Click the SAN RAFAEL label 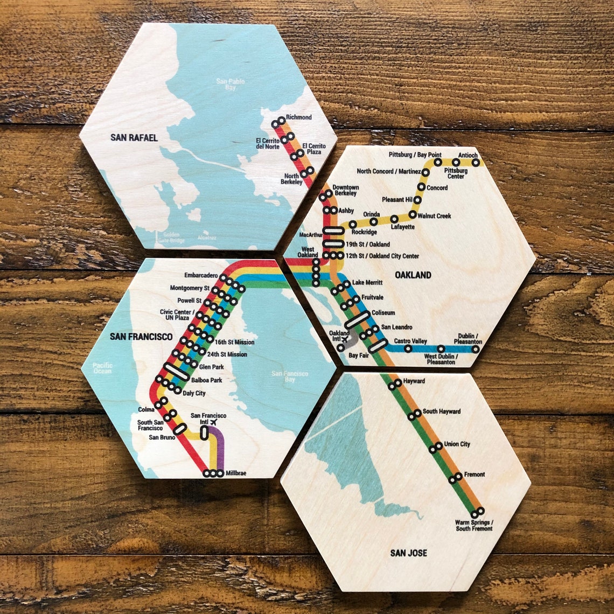(134, 138)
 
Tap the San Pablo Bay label (230, 84)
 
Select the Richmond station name (298, 117)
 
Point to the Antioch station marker (476, 162)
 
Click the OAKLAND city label (413, 275)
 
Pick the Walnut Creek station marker (413, 214)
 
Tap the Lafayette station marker (394, 219)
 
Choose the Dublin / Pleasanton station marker (475, 348)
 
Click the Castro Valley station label (410, 341)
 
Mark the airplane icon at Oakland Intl (345, 340)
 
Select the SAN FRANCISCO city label (141, 337)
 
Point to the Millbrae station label (236, 473)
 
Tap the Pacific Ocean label (102, 368)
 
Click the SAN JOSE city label (409, 553)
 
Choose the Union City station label (457, 444)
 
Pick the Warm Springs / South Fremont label (474, 526)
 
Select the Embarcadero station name (201, 275)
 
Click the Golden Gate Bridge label (170, 238)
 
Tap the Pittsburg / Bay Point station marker (438, 162)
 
